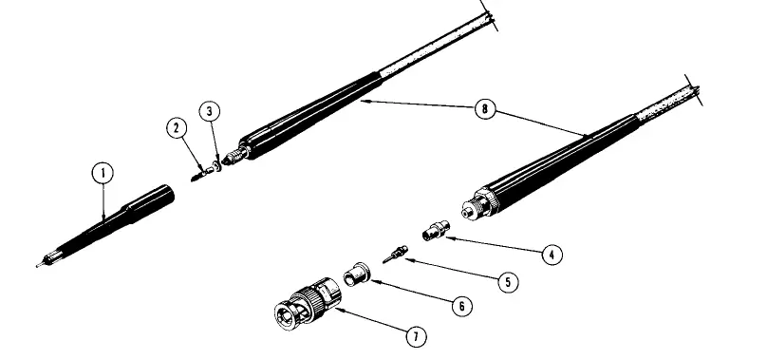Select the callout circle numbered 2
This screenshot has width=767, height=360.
pyautogui.click(x=178, y=126)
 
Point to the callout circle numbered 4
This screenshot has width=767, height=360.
pyautogui.click(x=550, y=254)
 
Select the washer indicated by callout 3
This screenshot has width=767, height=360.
pyautogui.click(x=216, y=163)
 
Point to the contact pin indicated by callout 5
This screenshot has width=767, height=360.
pyautogui.click(x=394, y=254)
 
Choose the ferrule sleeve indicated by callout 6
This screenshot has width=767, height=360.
pyautogui.click(x=357, y=275)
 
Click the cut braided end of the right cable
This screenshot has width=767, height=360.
pyautogui.click(x=696, y=92)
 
